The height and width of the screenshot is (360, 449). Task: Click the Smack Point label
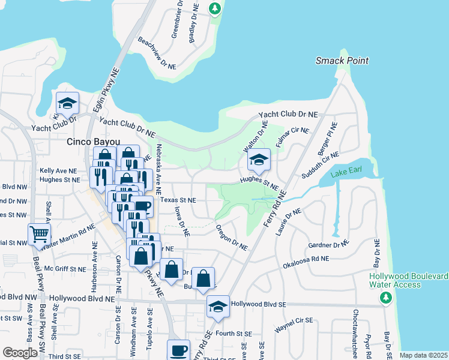[x=342, y=61]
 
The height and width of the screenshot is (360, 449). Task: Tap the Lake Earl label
[x=348, y=174]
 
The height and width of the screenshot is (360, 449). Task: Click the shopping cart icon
[x=39, y=235]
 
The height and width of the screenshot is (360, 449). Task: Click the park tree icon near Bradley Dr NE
[x=215, y=8]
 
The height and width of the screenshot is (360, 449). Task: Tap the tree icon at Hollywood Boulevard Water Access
[x=387, y=297]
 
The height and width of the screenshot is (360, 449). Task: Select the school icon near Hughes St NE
[x=259, y=160]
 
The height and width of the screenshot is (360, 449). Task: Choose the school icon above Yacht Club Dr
[x=67, y=103]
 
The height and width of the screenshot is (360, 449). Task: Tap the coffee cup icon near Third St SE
[x=178, y=350]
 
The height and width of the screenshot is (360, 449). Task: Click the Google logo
[x=20, y=353]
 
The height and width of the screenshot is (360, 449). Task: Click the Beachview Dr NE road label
[x=157, y=50]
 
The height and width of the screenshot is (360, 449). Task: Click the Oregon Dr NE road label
[x=231, y=238]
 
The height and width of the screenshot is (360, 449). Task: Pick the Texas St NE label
[x=178, y=200]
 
